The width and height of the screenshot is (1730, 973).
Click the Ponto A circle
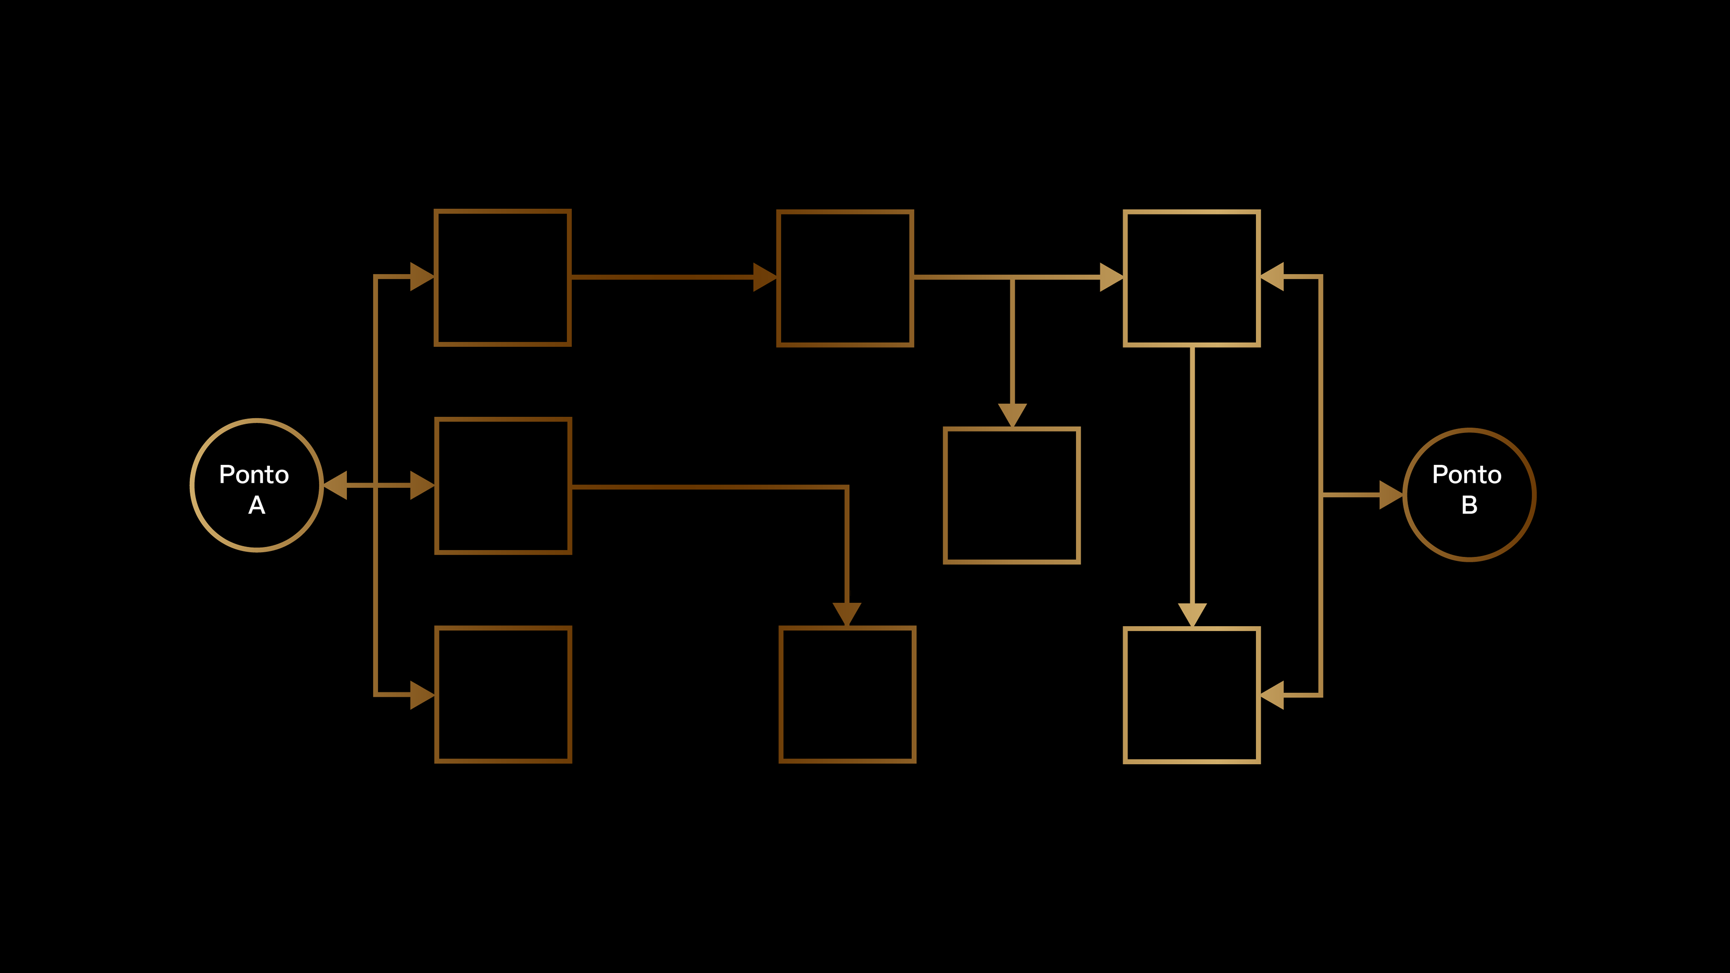[x=256, y=485]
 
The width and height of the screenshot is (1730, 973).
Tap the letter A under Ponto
[x=256, y=505]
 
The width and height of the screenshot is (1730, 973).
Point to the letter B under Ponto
[x=1470, y=505]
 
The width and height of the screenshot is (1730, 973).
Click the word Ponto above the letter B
[x=1467, y=475]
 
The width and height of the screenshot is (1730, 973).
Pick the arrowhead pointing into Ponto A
[x=336, y=485]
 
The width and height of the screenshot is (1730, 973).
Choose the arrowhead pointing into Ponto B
[x=1390, y=495]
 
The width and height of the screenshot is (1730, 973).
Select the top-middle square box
[x=845, y=278]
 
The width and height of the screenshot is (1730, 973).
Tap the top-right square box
[x=1191, y=278]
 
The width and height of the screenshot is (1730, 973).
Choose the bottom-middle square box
[x=847, y=694]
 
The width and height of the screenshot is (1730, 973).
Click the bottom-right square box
[x=1191, y=695]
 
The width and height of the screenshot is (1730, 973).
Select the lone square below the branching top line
[x=1011, y=496]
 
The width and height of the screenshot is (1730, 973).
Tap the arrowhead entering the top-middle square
[x=764, y=277]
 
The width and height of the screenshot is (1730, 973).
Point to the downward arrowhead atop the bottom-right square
[x=1192, y=614]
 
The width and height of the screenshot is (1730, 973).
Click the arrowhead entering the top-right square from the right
[x=1272, y=277]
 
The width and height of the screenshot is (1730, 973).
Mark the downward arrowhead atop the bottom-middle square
[x=847, y=613]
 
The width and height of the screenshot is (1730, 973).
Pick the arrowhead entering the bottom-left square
[x=422, y=694]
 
